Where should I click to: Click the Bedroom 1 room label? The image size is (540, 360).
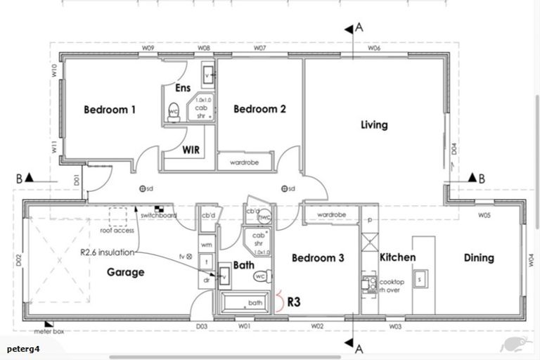pos(110,110)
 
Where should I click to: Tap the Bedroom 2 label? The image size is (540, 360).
pos(259,109)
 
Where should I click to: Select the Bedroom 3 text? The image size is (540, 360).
pos(318,258)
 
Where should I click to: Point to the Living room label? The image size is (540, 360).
pos(374,125)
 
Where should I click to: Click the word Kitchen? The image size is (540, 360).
pos(397,257)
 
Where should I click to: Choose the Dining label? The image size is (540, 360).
pos(478,257)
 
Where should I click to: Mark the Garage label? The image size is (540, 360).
pos(126,272)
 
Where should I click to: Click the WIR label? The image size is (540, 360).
pos(193,150)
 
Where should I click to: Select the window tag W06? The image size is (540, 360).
pos(373,49)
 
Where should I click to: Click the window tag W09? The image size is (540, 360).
pos(148,49)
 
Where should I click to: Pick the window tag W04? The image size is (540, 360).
pos(531,259)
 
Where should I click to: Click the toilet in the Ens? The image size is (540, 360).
pos(174,112)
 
